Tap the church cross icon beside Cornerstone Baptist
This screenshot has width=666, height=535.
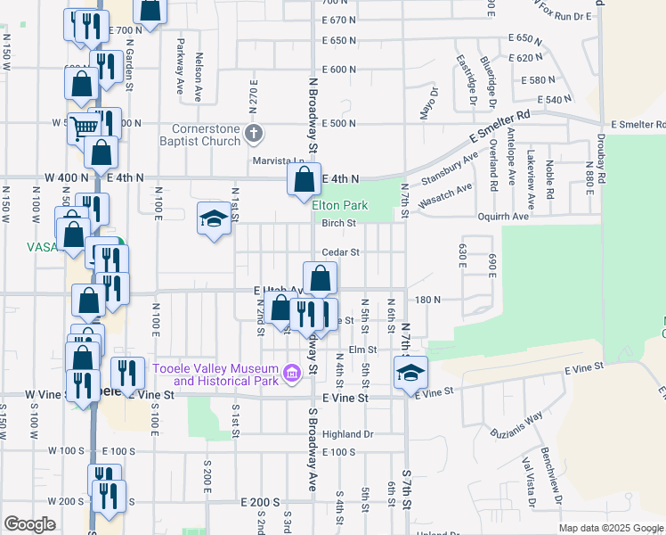coord(255,135)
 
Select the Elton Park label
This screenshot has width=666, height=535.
coord(334,205)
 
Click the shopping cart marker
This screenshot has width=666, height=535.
coord(84,128)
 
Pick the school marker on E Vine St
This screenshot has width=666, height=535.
coord(410,373)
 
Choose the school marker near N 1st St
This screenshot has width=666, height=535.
coord(214,220)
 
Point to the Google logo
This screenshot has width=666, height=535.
coord(29,524)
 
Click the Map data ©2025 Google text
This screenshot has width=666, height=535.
coord(610,528)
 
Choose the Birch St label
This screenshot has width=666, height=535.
coord(338,223)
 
